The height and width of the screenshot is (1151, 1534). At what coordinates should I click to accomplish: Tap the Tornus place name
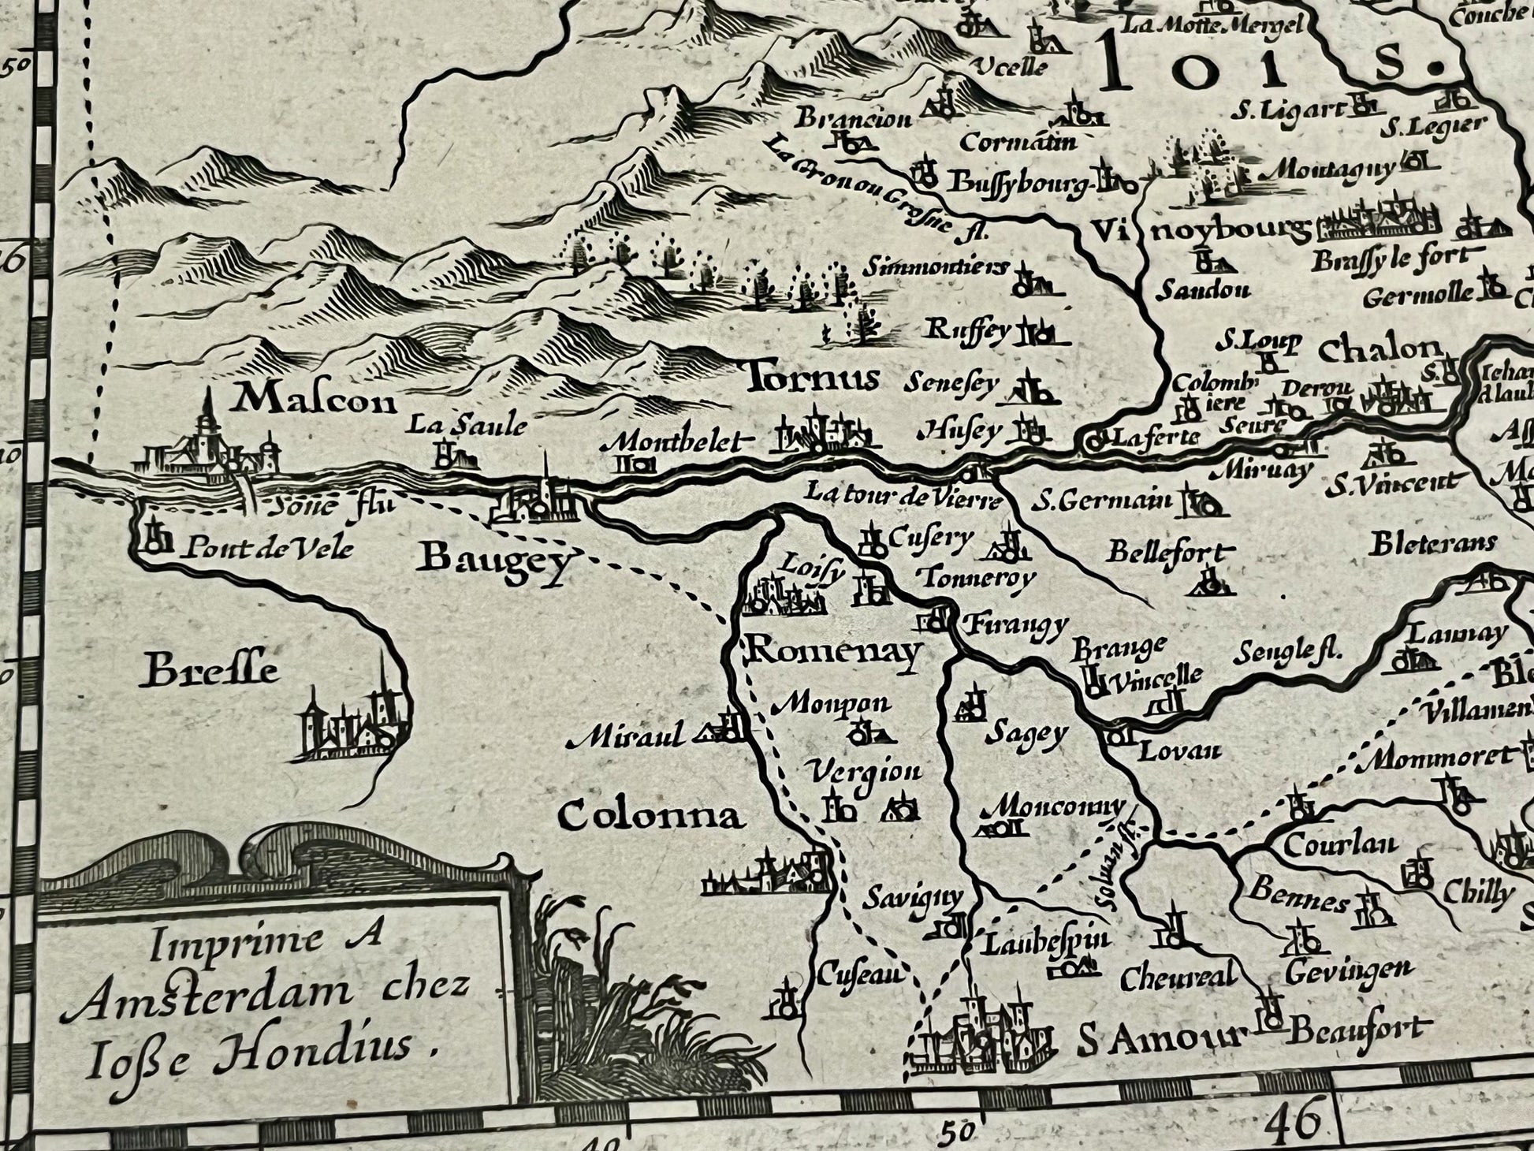pyautogui.click(x=811, y=379)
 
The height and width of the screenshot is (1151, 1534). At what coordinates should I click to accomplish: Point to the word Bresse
pyautogui.click(x=212, y=672)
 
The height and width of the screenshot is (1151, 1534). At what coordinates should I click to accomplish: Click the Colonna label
pyautogui.click(x=651, y=817)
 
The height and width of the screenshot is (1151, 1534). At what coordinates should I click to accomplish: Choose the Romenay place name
pyautogui.click(x=833, y=652)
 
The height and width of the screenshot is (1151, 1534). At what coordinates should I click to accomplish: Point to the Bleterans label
pyautogui.click(x=1433, y=543)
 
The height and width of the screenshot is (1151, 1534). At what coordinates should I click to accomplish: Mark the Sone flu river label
pyautogui.click(x=330, y=505)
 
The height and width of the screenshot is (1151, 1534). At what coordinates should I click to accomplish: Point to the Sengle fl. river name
pyautogui.click(x=1288, y=652)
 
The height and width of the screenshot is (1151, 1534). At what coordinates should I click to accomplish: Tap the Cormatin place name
pyautogui.click(x=1018, y=143)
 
